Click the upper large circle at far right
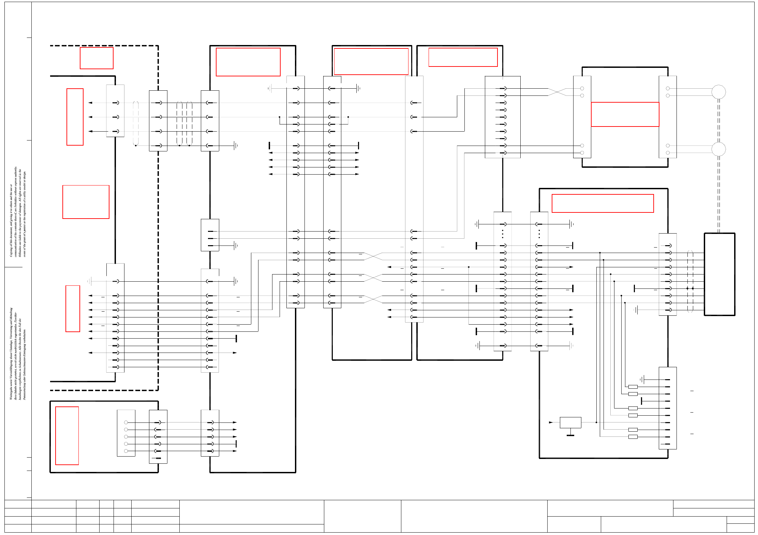718,92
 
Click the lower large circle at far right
718,149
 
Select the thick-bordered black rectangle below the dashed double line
719,274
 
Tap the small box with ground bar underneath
570,422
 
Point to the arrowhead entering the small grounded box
551,422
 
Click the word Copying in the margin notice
11,251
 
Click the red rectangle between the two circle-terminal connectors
625,114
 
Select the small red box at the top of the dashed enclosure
96,58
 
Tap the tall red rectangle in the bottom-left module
67,435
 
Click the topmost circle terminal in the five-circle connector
126,422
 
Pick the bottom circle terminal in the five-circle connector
126,451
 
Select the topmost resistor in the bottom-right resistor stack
633,387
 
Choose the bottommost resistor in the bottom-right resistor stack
633,437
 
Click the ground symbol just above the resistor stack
642,379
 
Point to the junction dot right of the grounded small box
596,422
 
